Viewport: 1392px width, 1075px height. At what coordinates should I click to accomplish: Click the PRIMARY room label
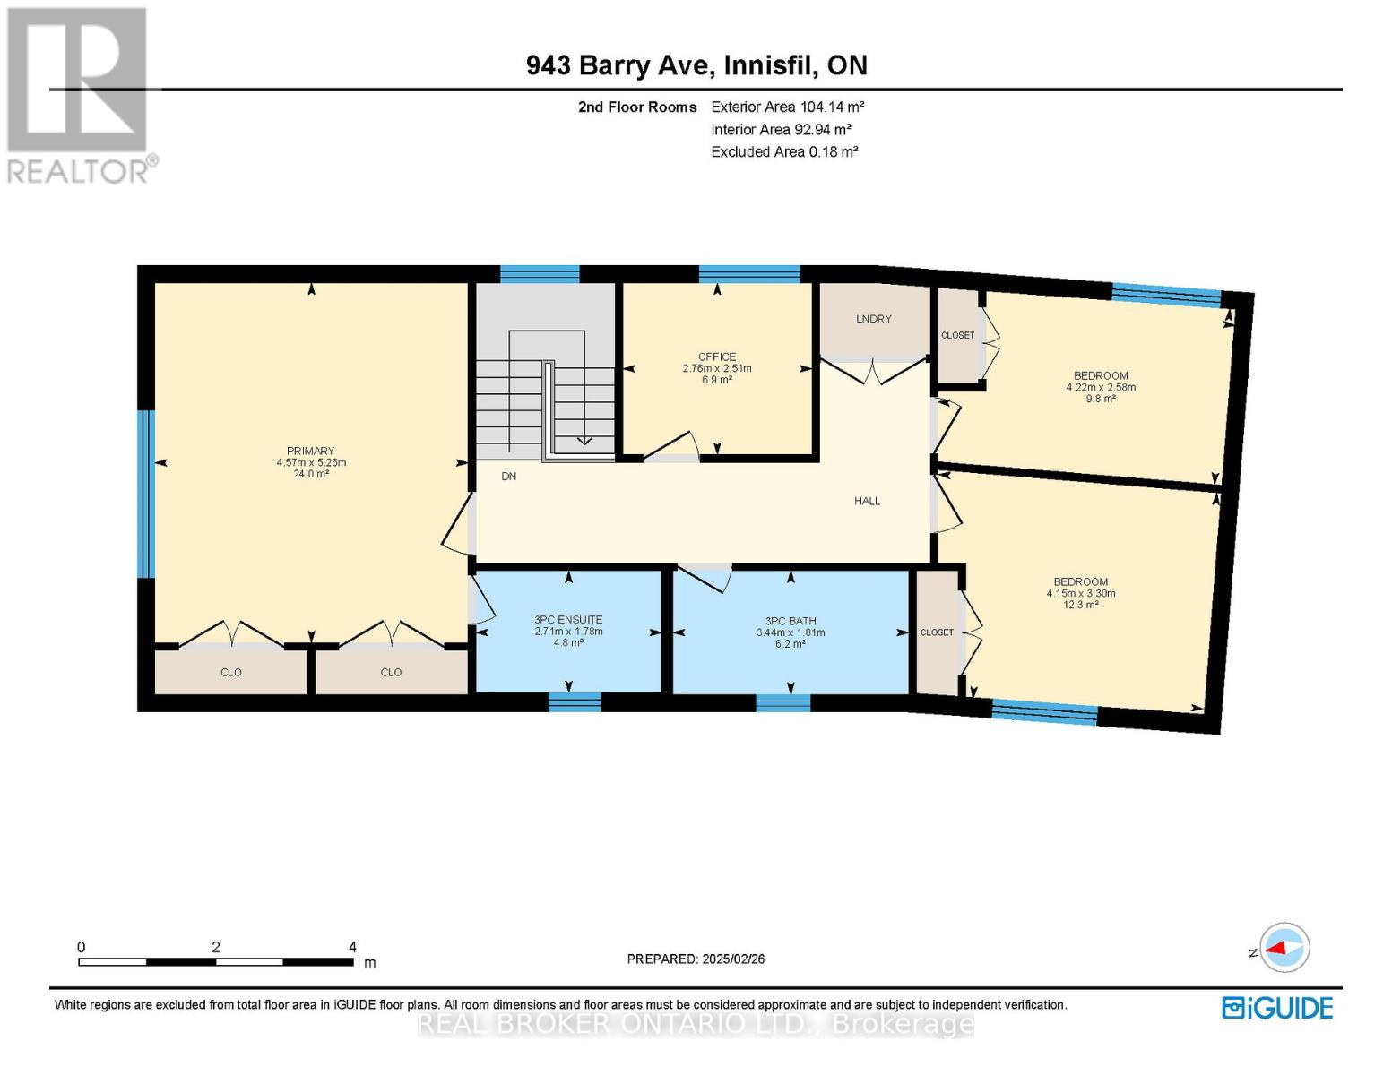(x=310, y=451)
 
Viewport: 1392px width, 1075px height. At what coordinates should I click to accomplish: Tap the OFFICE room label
(x=717, y=357)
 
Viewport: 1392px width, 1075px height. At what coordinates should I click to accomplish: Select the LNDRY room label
(x=873, y=319)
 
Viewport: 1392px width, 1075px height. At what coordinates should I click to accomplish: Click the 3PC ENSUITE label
(x=568, y=620)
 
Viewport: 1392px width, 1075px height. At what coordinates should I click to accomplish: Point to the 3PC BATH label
(x=791, y=621)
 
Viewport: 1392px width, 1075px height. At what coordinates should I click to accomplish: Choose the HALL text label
(x=867, y=502)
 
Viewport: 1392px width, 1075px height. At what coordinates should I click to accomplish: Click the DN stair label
(x=508, y=477)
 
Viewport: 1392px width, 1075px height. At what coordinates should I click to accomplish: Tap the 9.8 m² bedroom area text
(x=1101, y=400)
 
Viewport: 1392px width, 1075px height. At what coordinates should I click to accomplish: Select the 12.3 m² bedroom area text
(x=1080, y=606)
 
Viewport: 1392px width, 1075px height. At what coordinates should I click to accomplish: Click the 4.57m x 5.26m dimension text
(x=311, y=463)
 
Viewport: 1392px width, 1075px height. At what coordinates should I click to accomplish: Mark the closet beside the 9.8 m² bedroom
(x=957, y=336)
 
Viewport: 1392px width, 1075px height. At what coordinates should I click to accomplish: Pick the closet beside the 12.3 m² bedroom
(x=937, y=632)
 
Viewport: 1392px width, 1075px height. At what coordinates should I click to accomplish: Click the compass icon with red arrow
(x=1284, y=948)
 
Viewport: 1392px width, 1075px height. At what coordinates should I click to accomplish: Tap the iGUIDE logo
(x=1277, y=1008)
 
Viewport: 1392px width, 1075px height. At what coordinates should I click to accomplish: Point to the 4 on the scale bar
(x=352, y=947)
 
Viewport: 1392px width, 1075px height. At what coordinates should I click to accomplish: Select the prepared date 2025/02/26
(x=696, y=959)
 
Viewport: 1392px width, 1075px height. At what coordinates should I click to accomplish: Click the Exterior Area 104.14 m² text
(x=787, y=107)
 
